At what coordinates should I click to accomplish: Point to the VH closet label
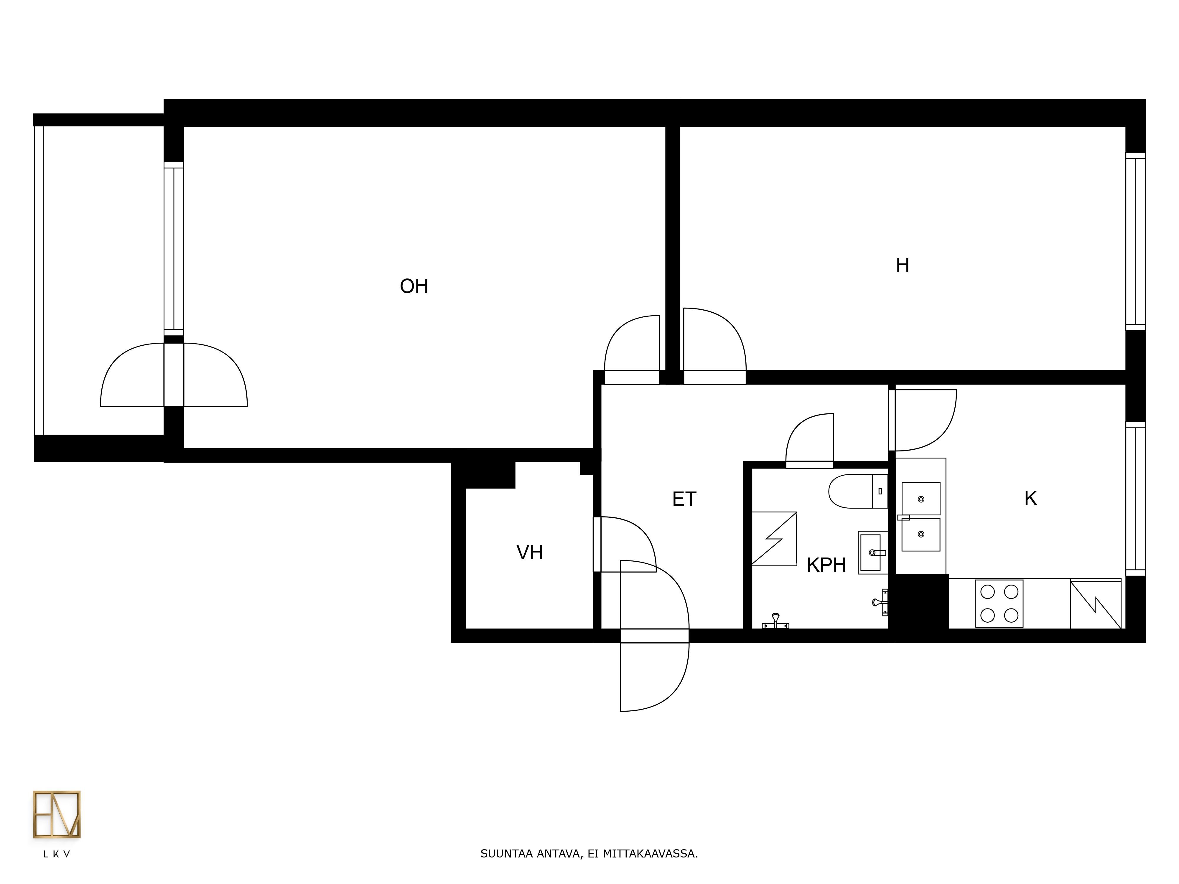click(x=529, y=552)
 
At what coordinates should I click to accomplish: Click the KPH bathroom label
click(x=826, y=565)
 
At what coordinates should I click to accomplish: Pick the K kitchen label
click(x=1030, y=498)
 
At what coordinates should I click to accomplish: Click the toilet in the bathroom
click(x=858, y=491)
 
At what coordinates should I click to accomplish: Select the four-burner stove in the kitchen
click(x=999, y=603)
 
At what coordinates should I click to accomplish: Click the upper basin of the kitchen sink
click(x=921, y=499)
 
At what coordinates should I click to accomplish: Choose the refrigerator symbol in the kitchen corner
click(x=1095, y=604)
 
